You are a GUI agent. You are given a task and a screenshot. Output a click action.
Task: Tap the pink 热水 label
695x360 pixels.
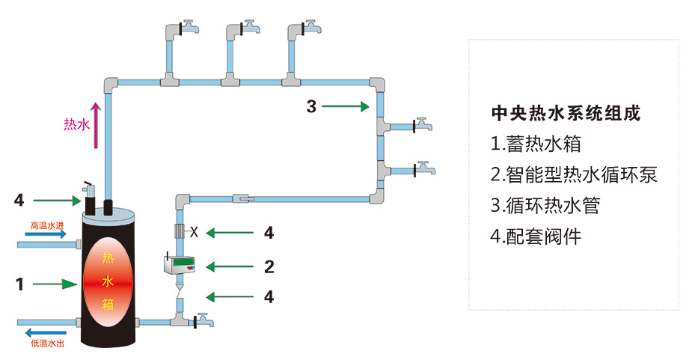point(76,125)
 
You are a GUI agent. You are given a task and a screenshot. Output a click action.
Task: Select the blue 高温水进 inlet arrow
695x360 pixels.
point(46,234)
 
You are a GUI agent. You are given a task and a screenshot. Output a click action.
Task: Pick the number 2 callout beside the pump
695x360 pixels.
point(269,266)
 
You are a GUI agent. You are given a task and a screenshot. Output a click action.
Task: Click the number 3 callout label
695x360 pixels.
point(311,106)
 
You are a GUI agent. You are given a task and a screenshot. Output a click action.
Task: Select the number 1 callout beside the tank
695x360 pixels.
point(19,284)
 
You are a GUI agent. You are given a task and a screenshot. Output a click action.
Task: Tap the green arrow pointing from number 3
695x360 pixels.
point(346,107)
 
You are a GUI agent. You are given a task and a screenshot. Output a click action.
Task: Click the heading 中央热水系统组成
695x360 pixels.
point(566,114)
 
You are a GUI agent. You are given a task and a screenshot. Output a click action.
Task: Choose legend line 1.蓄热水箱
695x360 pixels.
point(536,144)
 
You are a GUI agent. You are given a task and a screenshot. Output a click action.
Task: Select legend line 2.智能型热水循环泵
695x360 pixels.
point(574,175)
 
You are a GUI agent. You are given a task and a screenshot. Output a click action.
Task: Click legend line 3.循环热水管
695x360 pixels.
point(545,206)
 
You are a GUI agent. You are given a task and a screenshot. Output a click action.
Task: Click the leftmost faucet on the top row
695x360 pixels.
point(186,28)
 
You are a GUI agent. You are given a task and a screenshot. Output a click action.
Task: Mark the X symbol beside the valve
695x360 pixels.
point(194,232)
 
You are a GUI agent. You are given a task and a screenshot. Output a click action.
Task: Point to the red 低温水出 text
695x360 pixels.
point(46,344)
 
